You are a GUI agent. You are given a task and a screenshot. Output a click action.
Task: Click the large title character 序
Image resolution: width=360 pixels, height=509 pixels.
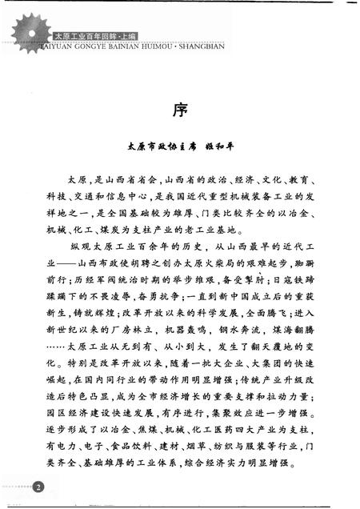(180, 109)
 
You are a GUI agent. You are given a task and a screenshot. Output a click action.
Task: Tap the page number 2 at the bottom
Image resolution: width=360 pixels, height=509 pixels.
(38, 486)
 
